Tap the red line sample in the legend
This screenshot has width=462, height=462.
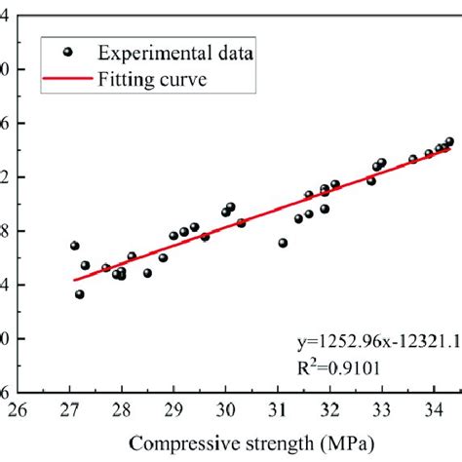pyautogui.click(x=67, y=82)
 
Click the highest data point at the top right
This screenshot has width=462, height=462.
pyautogui.click(x=449, y=141)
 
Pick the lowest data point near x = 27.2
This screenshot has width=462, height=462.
pyautogui.click(x=80, y=294)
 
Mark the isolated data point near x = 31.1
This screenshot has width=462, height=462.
pyautogui.click(x=283, y=243)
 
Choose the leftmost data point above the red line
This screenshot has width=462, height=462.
pyautogui.click(x=75, y=246)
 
